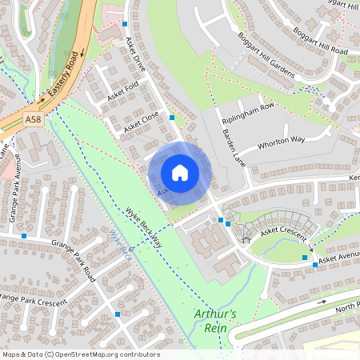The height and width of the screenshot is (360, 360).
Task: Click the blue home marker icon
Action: point(180,173)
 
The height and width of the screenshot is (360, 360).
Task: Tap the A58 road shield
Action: point(33,119)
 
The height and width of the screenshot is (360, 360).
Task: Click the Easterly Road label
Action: point(65,77)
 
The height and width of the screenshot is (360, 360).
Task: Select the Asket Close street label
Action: point(141,122)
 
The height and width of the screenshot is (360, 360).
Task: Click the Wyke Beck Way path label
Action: point(144,227)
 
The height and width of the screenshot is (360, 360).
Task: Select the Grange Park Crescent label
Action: point(32,296)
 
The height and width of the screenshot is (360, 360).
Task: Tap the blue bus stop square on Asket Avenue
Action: point(305,258)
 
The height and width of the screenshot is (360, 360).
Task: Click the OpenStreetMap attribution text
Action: point(80,354)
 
